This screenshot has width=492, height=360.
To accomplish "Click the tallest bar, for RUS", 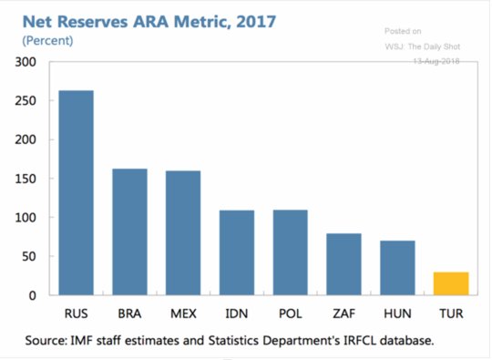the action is (77, 192).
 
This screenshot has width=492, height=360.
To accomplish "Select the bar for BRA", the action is (130, 231).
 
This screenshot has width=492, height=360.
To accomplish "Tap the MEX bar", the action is (183, 233).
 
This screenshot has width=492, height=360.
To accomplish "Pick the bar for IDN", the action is (237, 252).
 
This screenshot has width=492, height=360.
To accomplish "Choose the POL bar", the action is (291, 252).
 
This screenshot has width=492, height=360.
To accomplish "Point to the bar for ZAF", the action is (343, 264).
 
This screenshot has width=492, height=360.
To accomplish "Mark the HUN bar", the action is (397, 268).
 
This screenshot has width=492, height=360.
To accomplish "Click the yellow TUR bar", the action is (451, 283).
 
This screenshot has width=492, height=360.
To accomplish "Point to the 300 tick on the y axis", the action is (26, 62).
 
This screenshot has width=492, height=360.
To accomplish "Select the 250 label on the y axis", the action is (26, 101).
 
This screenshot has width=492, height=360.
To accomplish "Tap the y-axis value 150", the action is (26, 179).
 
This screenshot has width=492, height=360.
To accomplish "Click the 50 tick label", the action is (29, 256).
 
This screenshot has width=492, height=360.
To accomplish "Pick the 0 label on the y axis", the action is (33, 295).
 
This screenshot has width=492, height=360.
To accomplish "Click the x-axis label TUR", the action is (451, 314).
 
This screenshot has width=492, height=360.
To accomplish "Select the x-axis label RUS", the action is (77, 314).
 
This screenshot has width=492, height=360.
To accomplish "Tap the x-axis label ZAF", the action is (343, 314).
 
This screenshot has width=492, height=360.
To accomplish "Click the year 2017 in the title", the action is (256, 22).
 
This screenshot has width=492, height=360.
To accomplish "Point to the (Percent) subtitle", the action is (47, 41).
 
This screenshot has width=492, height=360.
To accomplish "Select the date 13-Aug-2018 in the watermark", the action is (436, 61).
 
